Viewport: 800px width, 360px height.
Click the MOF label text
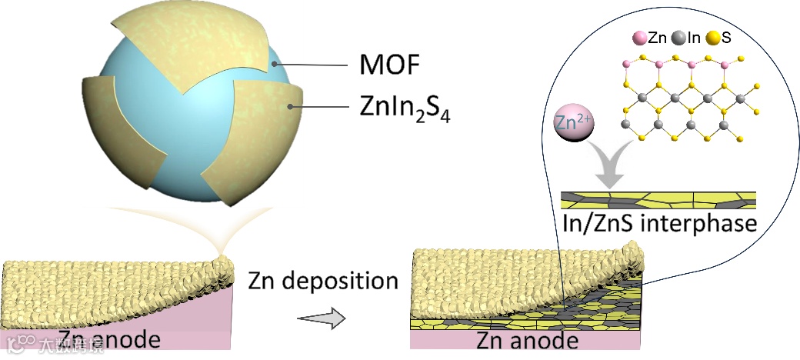point(389,67)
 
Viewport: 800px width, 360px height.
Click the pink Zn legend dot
point(638,37)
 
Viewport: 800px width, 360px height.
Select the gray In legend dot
point(678,37)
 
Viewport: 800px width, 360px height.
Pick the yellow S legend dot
point(715,37)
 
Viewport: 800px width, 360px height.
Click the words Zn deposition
point(323,282)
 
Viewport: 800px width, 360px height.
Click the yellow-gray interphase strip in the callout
point(658,201)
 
